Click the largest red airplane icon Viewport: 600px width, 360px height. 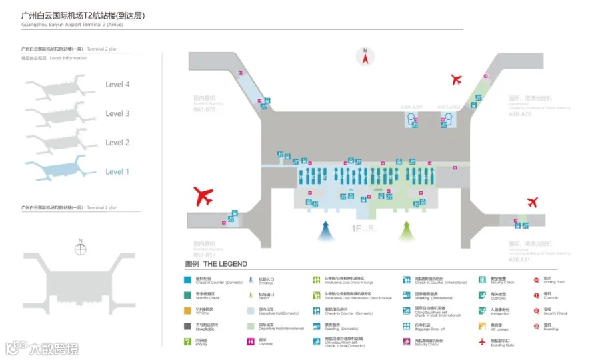pyautogui.click(x=203, y=196)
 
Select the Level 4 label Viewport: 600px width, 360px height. pyautogui.click(x=117, y=85)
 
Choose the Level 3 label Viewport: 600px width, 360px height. pyautogui.click(x=117, y=114)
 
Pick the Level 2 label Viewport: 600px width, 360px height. pyautogui.click(x=117, y=143)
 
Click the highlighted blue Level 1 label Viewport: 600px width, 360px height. pyautogui.click(x=117, y=172)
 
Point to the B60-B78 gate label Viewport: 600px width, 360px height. pyautogui.click(x=205, y=108)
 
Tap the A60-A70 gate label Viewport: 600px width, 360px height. pyautogui.click(x=520, y=114)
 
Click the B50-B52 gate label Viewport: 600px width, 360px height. pyautogui.click(x=204, y=255)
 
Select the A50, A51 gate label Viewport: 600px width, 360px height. pyautogui.click(x=519, y=259)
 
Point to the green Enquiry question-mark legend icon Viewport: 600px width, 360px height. pyautogui.click(x=189, y=342)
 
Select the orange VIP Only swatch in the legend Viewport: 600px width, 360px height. pyautogui.click(x=189, y=310)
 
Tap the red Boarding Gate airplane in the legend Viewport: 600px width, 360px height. pyautogui.click(x=483, y=342)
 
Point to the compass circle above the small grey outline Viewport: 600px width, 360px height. pyautogui.click(x=81, y=249)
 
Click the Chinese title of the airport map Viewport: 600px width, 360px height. pyautogui.click(x=83, y=15)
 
